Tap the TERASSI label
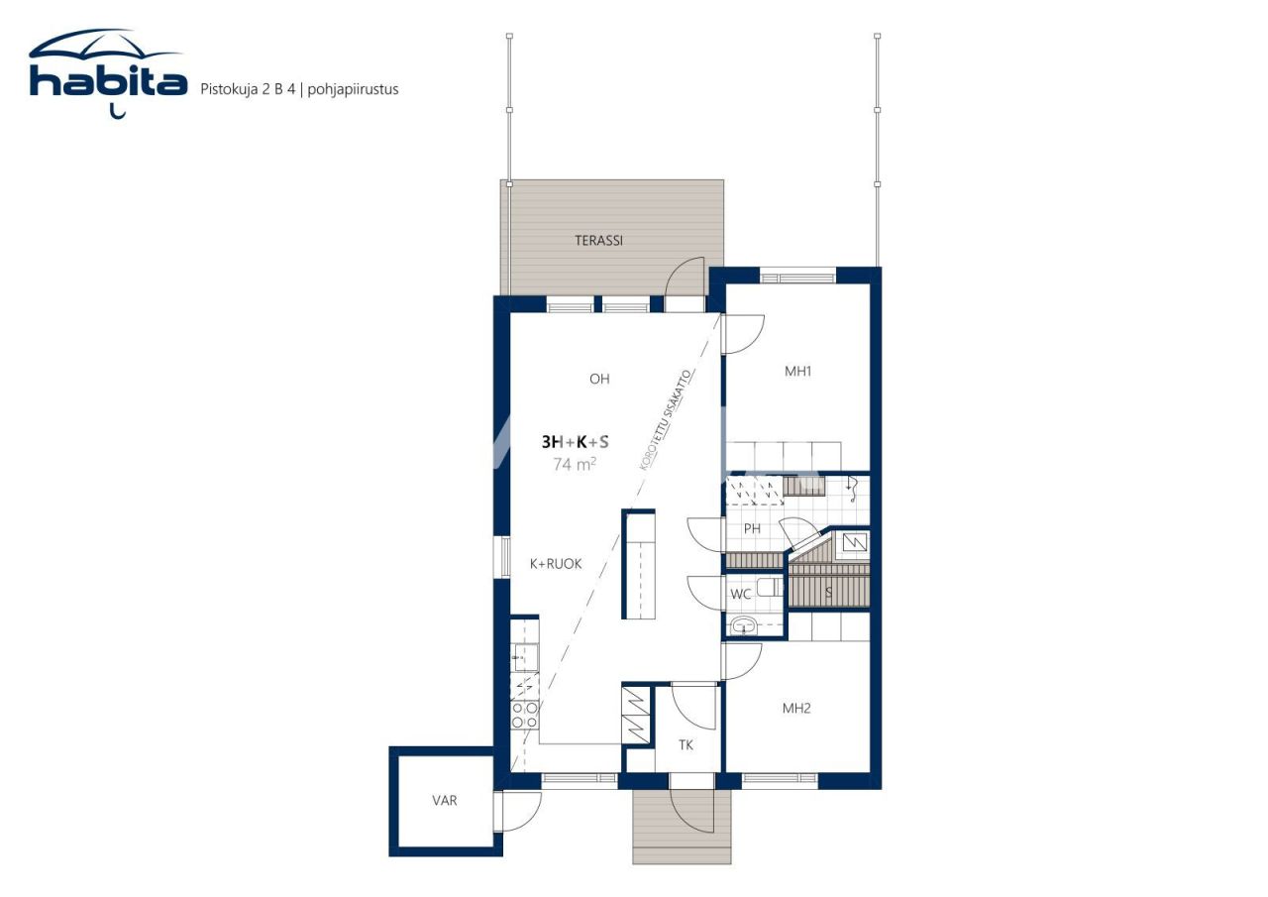(598, 241)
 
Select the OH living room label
(599, 379)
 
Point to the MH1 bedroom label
(798, 372)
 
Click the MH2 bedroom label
(796, 709)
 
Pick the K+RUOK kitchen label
(556, 564)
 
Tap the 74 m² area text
(575, 463)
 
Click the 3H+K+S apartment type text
(575, 442)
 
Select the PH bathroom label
(752, 529)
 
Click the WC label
(741, 595)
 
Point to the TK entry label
(686, 744)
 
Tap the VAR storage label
(445, 801)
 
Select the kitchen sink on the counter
(525, 657)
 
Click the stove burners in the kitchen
(525, 715)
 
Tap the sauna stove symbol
(853, 542)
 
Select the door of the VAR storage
(517, 811)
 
